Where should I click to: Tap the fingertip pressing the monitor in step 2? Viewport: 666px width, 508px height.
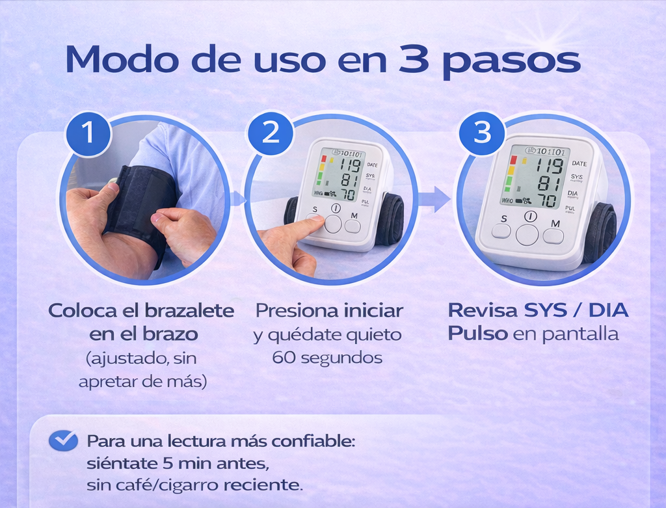point(315,220)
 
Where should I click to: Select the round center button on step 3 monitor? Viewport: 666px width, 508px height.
point(527,234)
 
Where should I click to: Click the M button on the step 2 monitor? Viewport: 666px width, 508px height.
point(353,226)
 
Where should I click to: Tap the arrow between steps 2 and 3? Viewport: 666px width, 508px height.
point(434,198)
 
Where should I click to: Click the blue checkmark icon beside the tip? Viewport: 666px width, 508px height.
point(63,440)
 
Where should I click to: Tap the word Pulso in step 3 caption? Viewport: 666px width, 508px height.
point(477,334)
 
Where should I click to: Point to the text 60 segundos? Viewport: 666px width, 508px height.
point(327,357)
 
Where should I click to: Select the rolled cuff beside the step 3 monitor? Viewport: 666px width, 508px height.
point(600,233)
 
